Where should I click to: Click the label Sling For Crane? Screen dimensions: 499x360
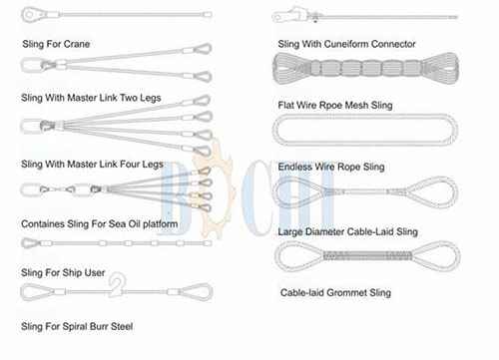pos(56,44)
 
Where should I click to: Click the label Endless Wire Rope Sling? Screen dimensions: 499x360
pos(331,167)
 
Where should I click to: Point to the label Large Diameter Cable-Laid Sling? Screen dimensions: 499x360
pos(348,231)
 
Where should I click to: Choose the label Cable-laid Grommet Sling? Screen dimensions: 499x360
pos(335,293)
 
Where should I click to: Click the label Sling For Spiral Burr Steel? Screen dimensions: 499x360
pos(77,326)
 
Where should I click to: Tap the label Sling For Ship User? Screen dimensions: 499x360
pos(63,273)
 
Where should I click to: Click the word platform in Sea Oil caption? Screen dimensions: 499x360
pos(161,224)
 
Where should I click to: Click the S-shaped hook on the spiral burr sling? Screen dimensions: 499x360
pos(117,283)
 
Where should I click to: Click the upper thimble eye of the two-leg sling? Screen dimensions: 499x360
pos(203,49)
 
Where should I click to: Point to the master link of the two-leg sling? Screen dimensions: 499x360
pos(32,65)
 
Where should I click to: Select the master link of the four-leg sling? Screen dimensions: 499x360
pos(32,127)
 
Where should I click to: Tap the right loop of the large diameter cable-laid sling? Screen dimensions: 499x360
pos(432,192)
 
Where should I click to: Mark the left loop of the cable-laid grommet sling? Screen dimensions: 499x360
pos(299,256)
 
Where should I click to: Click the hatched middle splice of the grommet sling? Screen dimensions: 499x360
pos(367,256)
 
